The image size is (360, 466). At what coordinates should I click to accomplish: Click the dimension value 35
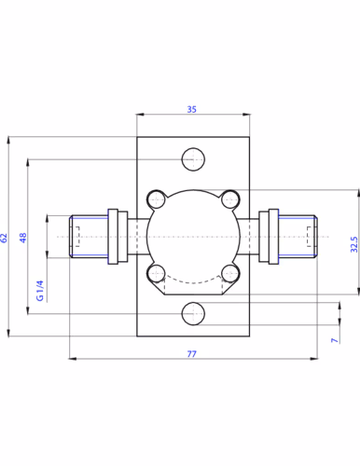192,109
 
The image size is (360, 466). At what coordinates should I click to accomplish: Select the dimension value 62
4,238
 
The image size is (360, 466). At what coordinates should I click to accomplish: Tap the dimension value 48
23,238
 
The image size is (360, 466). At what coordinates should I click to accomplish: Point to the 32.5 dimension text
354,244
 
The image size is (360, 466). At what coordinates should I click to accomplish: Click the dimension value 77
192,354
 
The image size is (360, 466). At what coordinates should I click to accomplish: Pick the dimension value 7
335,340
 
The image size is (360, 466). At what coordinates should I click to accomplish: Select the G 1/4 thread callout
40,291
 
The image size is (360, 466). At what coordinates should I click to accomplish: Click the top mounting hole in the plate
193,159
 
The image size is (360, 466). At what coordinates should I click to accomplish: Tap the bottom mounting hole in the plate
193,314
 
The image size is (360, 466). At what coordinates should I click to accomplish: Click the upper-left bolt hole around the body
157,199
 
